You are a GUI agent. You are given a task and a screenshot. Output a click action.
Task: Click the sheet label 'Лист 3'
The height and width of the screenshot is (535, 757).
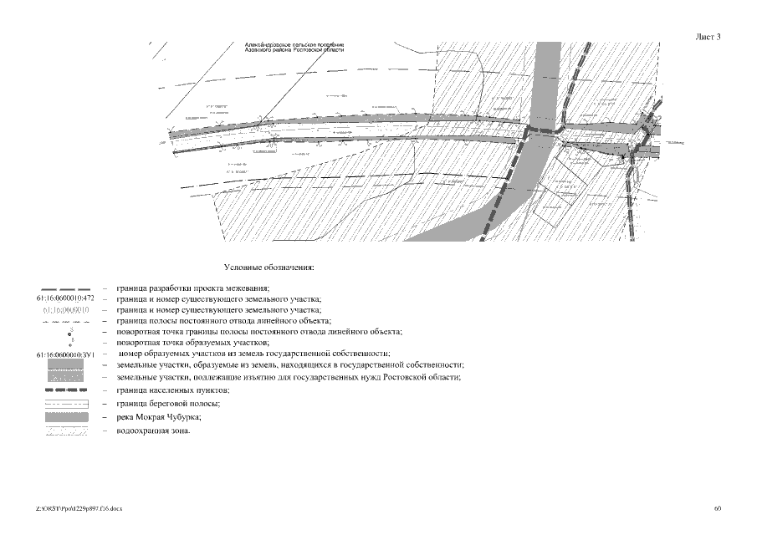(x=708, y=37)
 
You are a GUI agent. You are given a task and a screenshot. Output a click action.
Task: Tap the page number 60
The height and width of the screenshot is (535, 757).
(x=718, y=508)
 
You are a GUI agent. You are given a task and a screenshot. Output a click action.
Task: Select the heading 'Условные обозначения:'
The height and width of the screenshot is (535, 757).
(x=269, y=268)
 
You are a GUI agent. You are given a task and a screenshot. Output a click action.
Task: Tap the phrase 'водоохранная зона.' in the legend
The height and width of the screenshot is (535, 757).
(x=154, y=431)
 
